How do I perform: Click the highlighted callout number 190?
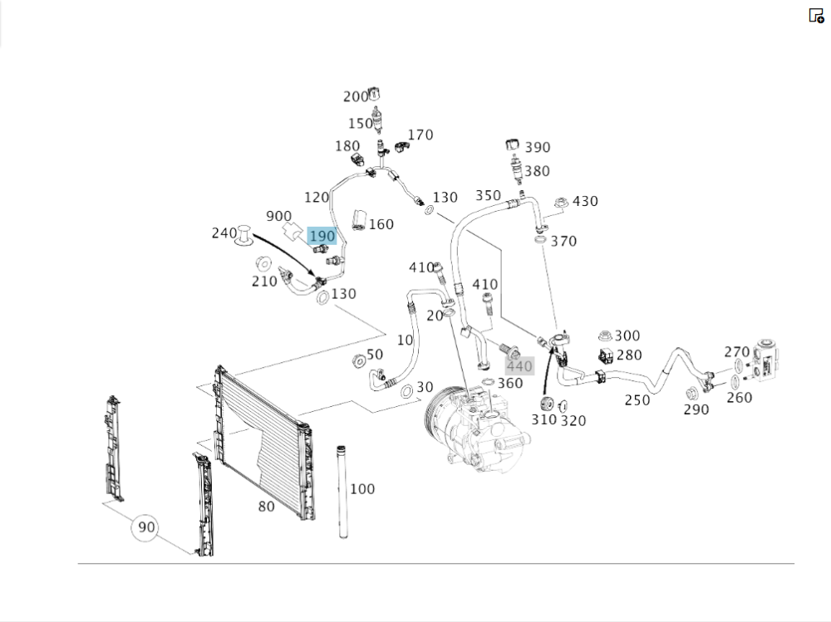tap(322, 237)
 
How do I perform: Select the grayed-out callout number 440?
tap(519, 366)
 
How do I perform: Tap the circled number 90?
tap(146, 527)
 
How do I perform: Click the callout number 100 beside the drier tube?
tap(362, 489)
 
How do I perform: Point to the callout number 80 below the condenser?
tap(266, 506)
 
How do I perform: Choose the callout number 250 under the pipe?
tap(637, 400)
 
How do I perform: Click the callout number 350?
tap(488, 196)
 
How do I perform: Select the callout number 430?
tap(585, 201)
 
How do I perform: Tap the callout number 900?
tap(278, 216)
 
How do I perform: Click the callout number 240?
tap(224, 233)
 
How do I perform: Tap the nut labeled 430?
tap(561, 202)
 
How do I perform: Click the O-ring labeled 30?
tap(406, 390)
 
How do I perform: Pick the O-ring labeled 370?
tap(540, 241)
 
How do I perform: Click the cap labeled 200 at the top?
tap(376, 94)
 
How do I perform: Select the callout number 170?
tap(420, 135)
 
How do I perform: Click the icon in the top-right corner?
tap(816, 15)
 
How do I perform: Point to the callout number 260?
tap(738, 397)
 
